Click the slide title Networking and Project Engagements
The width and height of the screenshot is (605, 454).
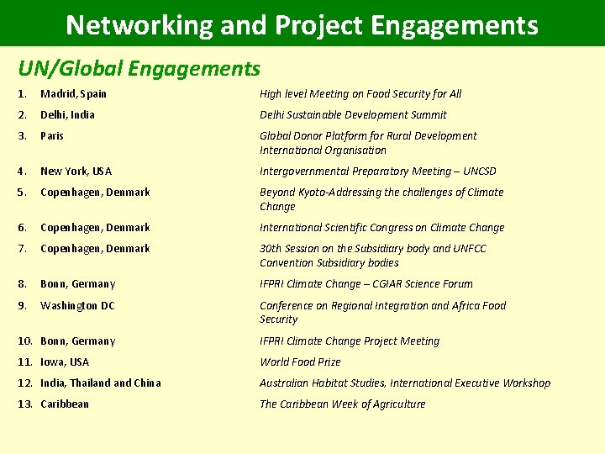302,24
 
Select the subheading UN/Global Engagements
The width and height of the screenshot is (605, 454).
139,68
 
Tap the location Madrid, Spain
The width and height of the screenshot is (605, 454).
73,94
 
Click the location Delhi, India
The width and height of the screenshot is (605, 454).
67,115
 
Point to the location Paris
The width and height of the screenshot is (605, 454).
52,136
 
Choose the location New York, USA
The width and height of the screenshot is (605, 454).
76,172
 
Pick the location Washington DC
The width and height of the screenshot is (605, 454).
77,306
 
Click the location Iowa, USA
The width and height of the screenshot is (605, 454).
65,362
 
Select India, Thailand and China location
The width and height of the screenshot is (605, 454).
100,383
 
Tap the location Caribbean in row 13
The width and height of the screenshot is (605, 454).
65,404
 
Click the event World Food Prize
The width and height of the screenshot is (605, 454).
300,362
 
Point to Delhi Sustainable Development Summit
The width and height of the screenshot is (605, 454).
353,115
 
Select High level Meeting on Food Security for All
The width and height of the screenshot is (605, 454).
360,94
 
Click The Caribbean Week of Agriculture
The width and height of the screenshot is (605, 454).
342,404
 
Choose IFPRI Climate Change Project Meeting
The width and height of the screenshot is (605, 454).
350,341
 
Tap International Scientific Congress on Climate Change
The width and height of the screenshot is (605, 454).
382,228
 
